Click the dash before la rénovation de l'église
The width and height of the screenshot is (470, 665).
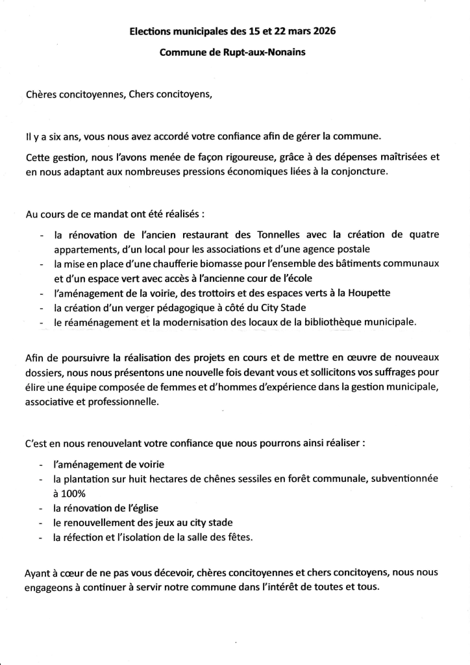[x=42, y=508]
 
